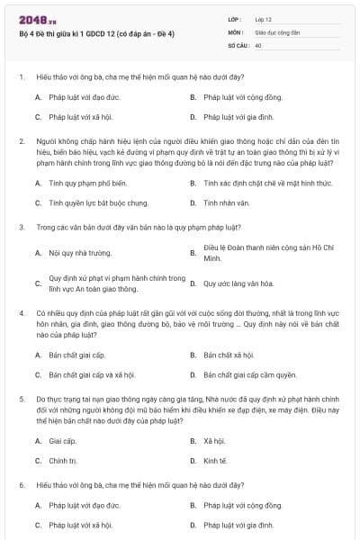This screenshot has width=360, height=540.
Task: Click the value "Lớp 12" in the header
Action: click(264, 19)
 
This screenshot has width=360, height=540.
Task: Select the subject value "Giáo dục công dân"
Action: click(276, 31)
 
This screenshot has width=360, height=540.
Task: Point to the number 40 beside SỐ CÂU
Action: click(258, 44)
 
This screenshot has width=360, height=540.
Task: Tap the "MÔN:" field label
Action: click(236, 31)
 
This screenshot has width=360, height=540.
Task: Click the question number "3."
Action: click(22, 227)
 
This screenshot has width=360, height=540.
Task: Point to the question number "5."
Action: click(22, 397)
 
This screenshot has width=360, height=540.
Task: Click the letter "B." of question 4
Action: click(193, 355)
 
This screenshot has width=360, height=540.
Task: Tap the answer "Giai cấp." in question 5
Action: click(63, 441)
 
